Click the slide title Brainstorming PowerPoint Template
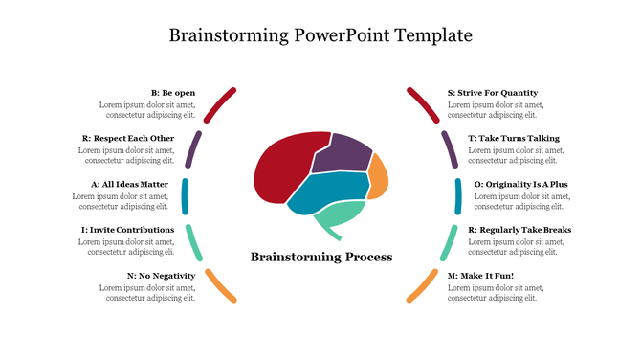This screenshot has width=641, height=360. pos(320,36)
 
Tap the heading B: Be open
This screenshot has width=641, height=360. pos(173,93)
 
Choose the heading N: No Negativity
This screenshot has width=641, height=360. pos(161,276)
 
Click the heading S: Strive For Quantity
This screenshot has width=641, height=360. pos(493,93)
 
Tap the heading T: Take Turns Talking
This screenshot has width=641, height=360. pos(513,138)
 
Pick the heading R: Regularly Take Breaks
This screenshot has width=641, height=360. pos(519,230)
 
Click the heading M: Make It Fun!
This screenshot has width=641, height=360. pos(480,276)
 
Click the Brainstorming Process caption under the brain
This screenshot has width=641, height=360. pos(320,258)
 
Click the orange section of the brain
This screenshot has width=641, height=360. pos(378,176)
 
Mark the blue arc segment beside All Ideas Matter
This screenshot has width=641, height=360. pos(185,196)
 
